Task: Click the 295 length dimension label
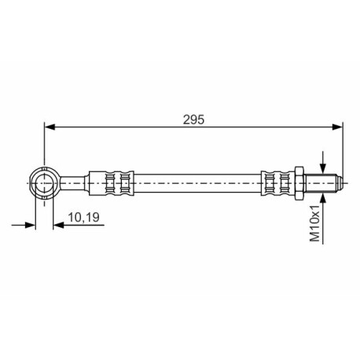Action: tap(193, 119)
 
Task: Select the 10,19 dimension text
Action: tap(84, 217)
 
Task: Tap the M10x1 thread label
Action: tap(314, 223)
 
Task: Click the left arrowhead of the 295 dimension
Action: tap(50, 127)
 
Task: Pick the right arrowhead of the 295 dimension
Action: tap(337, 127)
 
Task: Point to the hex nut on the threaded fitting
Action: tap(299, 183)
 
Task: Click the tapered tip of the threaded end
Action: tap(340, 183)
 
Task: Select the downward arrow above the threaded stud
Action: tap(323, 162)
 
